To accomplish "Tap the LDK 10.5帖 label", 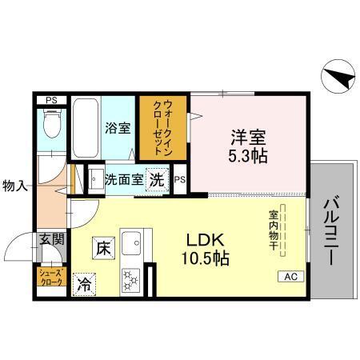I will [209, 249].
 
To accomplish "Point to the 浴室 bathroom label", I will [118, 127].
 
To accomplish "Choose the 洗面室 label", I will [124, 179].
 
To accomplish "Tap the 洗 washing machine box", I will [159, 179].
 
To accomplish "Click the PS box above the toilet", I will [51, 100].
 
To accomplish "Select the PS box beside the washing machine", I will [180, 180].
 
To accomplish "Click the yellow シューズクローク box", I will [50, 277].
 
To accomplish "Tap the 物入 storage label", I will [15, 186].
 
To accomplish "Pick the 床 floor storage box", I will [103, 247].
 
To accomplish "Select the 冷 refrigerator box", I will [84, 282].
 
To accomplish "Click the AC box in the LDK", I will [290, 276].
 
